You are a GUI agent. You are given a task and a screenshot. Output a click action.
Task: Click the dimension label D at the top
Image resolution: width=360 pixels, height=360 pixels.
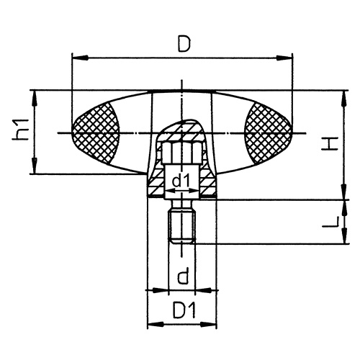(184, 45)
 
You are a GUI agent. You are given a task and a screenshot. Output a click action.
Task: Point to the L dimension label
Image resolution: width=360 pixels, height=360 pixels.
(329, 222)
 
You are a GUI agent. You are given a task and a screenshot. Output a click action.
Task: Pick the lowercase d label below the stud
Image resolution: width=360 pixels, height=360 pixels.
(183, 276)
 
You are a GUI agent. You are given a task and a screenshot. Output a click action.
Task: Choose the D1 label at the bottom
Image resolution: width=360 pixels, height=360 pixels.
(184, 312)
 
